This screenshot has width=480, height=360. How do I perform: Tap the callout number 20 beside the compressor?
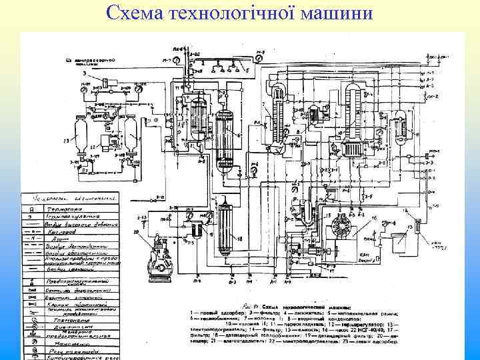[x=137, y=232]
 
